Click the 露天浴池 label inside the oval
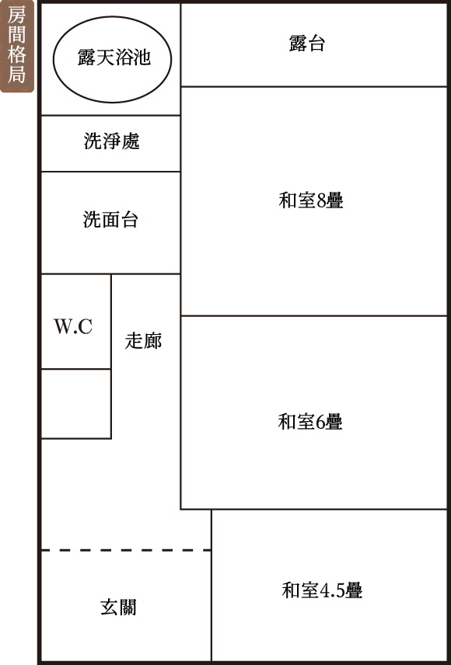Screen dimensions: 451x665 click(114, 57)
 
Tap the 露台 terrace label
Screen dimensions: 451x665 click(307, 44)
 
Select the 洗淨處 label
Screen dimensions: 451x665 click(112, 141)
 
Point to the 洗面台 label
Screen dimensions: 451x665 click(110, 219)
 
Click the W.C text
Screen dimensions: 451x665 click(73, 326)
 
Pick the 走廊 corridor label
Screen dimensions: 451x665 click(143, 340)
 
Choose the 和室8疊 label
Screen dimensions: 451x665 click(311, 200)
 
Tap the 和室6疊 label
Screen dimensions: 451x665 click(310, 422)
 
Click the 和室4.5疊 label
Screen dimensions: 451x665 click(322, 590)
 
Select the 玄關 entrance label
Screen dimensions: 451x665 click(118, 608)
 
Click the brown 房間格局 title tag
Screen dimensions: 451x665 click(17, 46)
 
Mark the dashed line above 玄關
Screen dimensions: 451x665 click(126, 550)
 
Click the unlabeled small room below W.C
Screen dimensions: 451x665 click(76, 404)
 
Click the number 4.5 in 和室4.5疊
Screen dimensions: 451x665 click(331, 590)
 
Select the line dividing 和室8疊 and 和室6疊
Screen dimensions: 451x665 click(314, 315)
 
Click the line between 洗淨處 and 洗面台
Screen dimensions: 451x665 click(110, 172)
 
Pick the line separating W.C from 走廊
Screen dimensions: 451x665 click(111, 322)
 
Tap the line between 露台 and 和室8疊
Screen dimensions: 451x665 click(314, 86)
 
